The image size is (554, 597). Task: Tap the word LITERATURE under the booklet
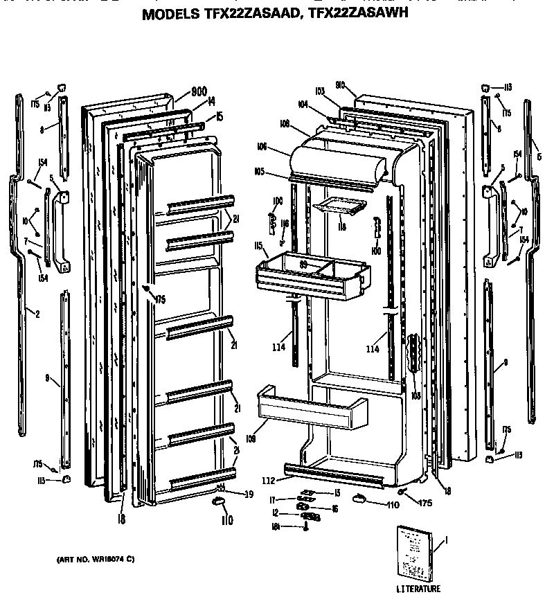click(418, 589)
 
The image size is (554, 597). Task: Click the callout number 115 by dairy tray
click(257, 246)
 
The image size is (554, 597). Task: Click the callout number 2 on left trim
click(36, 314)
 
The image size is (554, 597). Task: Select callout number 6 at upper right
click(538, 157)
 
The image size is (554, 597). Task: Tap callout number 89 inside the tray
click(303, 265)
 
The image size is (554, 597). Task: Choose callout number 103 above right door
click(319, 91)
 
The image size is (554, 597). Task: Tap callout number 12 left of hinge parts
click(275, 513)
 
